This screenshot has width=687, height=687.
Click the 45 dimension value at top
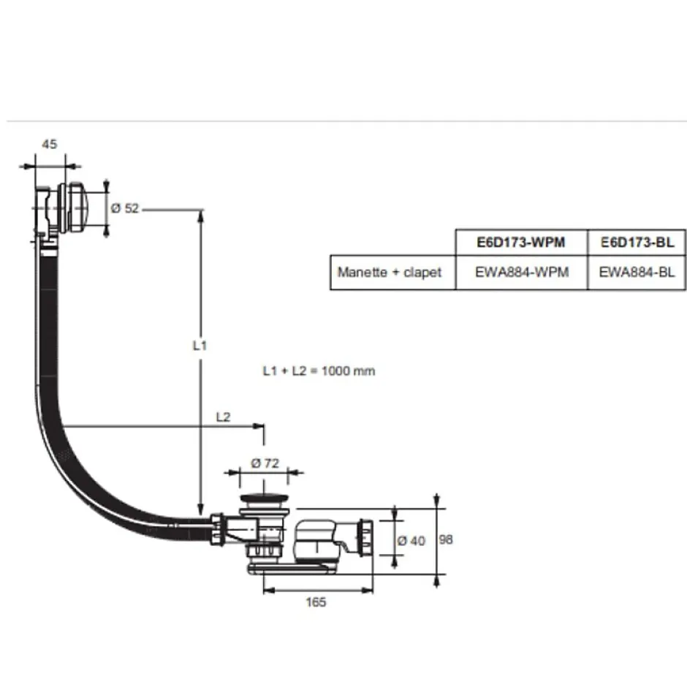tap(49, 144)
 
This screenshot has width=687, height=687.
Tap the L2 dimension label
tap(224, 417)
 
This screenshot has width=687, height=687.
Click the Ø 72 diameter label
tap(262, 463)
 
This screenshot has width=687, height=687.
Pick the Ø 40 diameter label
tap(411, 541)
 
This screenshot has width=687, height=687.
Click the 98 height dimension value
tap(447, 539)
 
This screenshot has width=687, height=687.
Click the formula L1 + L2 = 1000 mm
tap(319, 371)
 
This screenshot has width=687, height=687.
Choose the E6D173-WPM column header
tap(522, 242)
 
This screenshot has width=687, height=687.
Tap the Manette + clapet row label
tap(390, 272)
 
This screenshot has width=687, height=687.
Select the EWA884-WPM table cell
tap(522, 272)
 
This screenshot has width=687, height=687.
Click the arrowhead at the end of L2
tap(258, 425)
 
